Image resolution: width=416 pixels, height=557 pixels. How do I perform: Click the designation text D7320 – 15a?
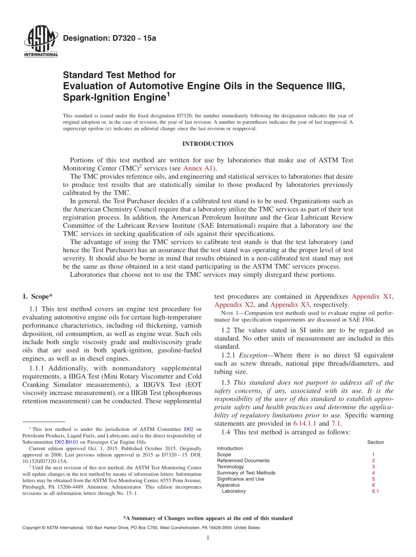point(109,39)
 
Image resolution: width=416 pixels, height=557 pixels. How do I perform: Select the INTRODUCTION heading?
point(208,144)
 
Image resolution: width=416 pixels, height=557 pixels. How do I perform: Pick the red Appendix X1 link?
point(372,296)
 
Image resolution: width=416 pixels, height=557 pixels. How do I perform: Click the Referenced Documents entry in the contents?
point(243,461)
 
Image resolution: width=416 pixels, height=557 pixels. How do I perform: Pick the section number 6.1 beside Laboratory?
point(375,491)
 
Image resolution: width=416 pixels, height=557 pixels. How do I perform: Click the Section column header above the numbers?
point(375,442)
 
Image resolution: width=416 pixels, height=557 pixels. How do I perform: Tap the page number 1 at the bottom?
point(208,538)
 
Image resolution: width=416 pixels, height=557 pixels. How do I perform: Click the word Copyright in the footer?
point(33,528)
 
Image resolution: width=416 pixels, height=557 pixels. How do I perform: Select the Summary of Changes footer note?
point(208,518)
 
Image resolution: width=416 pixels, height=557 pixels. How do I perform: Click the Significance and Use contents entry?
point(240,479)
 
